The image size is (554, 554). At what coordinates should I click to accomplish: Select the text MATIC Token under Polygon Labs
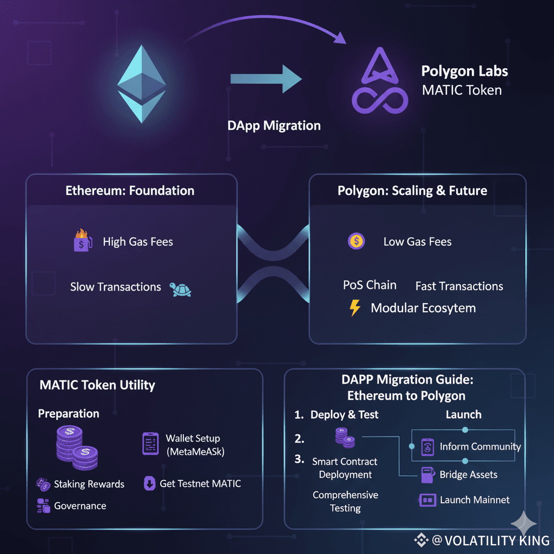(x=461, y=90)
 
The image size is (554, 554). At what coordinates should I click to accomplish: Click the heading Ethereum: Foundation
(x=130, y=190)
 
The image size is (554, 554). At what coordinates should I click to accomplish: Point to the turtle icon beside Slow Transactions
(x=181, y=289)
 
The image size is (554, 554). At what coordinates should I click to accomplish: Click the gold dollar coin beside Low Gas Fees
(x=356, y=241)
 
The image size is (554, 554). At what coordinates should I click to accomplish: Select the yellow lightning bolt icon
(x=355, y=308)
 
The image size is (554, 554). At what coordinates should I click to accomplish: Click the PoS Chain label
(x=370, y=285)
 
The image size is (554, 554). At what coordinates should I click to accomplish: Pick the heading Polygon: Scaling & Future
(x=412, y=190)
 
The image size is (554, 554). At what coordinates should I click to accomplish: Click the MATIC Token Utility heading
(x=97, y=385)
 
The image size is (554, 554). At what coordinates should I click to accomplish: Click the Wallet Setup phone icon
(x=149, y=443)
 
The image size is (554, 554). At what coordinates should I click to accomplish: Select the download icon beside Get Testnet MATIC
(x=149, y=483)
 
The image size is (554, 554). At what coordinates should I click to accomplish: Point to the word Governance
(x=80, y=506)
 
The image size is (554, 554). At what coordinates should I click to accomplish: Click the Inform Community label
(x=480, y=446)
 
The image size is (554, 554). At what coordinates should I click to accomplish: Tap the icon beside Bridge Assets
(x=425, y=475)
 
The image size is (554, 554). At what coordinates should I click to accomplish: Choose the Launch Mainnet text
(x=474, y=500)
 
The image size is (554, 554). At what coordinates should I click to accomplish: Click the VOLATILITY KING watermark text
(x=490, y=540)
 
